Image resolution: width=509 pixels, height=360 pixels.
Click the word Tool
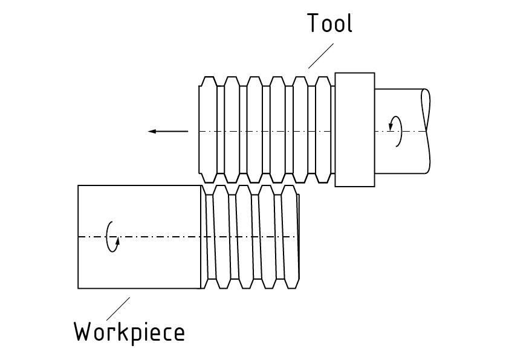point(329,23)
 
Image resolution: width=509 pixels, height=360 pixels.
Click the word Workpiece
point(129,332)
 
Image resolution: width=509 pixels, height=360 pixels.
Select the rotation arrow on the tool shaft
point(394,131)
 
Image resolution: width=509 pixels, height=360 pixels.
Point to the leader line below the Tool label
point(320,56)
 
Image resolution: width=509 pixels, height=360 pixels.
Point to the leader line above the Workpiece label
point(118,308)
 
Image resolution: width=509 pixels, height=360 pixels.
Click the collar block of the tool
point(354,129)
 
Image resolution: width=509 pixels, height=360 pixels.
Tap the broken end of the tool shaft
point(427,129)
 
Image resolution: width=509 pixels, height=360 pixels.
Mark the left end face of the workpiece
point(79,237)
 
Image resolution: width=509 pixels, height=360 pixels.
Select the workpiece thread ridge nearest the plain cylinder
point(210,237)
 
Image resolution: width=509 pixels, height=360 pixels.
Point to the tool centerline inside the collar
point(354,131)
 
